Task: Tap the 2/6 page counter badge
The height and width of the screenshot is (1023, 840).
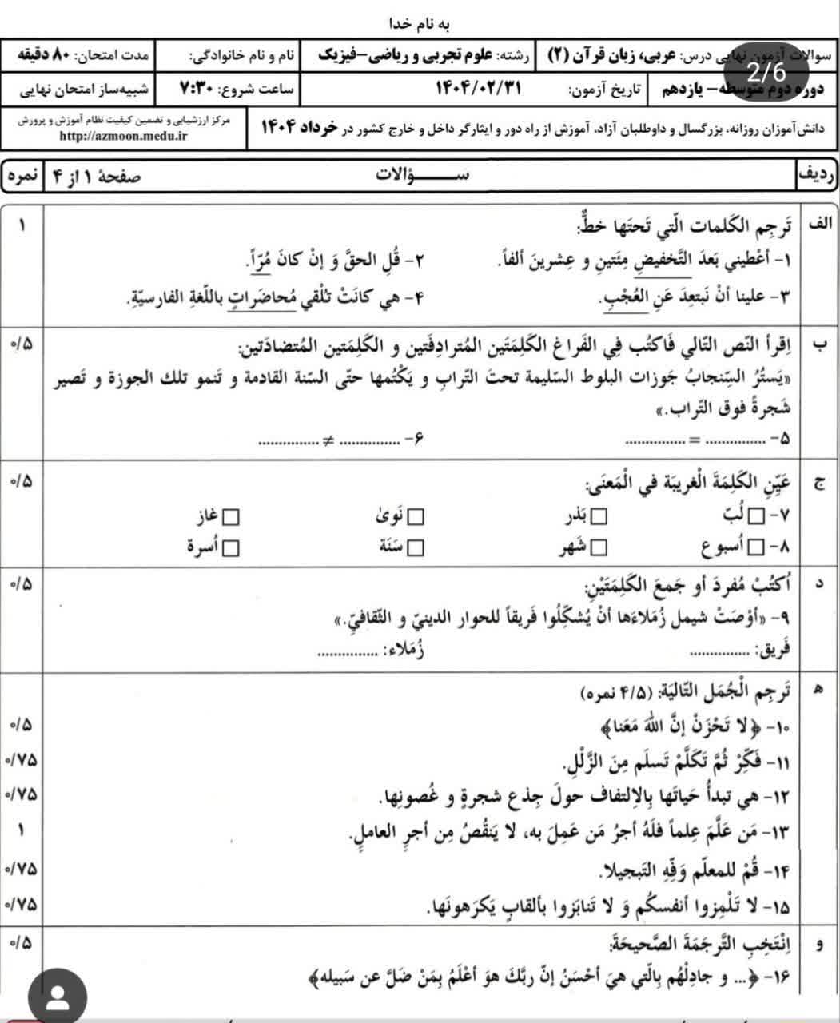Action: pyautogui.click(x=766, y=73)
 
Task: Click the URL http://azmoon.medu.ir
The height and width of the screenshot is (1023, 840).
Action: pyautogui.click(x=123, y=136)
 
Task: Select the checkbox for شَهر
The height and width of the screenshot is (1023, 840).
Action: pyautogui.click(x=598, y=547)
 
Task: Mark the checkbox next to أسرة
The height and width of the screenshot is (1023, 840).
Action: pyautogui.click(x=231, y=547)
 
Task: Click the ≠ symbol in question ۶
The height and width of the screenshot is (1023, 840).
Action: pyautogui.click(x=327, y=440)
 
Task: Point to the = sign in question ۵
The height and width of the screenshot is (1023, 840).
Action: pyautogui.click(x=694, y=440)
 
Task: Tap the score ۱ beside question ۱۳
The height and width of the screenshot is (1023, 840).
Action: pyautogui.click(x=22, y=831)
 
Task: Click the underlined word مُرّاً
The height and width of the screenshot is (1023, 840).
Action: pyautogui.click(x=261, y=261)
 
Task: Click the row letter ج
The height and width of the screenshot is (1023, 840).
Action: pyautogui.click(x=818, y=484)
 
